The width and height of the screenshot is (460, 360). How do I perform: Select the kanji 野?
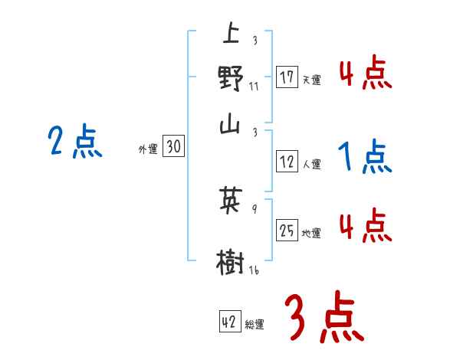tap(230, 78)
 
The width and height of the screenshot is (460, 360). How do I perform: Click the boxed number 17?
tap(287, 78)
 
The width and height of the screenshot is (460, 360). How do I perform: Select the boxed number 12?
tap(287, 162)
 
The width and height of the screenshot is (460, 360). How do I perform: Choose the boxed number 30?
tap(174, 148)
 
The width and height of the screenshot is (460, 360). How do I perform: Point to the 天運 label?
tap(311, 80)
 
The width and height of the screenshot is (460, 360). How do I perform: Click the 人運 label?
tap(311, 163)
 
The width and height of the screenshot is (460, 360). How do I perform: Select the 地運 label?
tap(311, 233)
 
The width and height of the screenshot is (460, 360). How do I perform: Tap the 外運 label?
tap(148, 150)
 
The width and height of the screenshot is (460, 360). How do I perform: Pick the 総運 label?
tap(254, 324)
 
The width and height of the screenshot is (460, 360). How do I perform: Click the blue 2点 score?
tap(74, 142)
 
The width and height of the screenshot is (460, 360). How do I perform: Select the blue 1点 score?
tap(364, 158)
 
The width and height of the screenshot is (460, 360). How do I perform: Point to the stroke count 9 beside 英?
tap(254, 206)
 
